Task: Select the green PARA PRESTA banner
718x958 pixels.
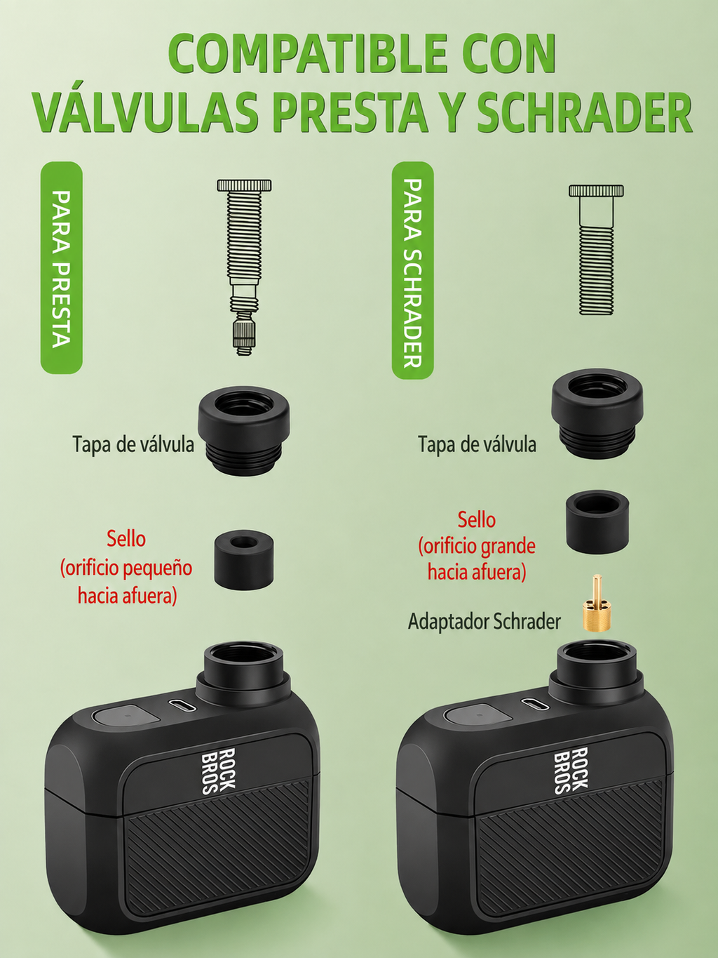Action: coord(62,267)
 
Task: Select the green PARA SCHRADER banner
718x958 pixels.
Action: coord(413,271)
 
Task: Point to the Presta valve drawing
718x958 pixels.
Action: coord(244,267)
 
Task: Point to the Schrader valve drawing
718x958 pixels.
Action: coord(596,249)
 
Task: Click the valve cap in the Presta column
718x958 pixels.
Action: coord(245,430)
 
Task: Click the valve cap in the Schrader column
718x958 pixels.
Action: coord(597,418)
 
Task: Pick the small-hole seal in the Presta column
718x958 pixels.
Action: coord(244,559)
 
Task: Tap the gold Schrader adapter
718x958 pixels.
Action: coord(596,603)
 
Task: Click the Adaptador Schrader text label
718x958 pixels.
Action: coord(484,622)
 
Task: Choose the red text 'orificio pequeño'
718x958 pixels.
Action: coord(126,568)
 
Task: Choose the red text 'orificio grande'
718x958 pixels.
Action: coord(477,546)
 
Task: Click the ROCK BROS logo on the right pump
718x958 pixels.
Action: coord(571,770)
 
